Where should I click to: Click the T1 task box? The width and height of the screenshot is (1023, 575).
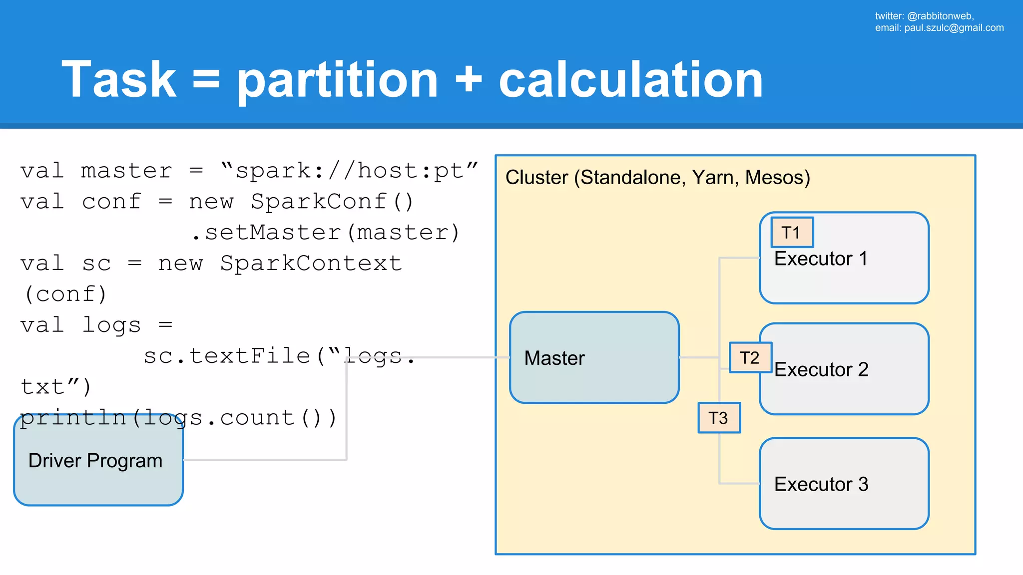pos(792,233)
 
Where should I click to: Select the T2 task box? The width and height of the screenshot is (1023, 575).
pos(750,358)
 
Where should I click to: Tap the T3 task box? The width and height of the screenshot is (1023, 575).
pos(719,418)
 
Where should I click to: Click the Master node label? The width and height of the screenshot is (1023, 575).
pos(554,358)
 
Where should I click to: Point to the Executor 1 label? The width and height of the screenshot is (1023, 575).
pos(821,259)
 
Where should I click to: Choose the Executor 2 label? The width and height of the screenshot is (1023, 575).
pos(821,370)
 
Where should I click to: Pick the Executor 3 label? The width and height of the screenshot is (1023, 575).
pos(821,485)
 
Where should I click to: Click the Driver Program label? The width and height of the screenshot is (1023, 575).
pos(95,461)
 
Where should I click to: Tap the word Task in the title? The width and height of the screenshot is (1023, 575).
pos(119,80)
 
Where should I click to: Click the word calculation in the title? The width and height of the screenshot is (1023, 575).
pos(630,80)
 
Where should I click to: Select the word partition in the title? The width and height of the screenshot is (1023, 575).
pos(338,80)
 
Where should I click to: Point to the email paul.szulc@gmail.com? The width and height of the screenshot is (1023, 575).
pos(954,28)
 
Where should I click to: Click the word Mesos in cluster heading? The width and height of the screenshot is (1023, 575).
pos(777,178)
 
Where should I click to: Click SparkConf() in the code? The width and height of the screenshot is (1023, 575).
pos(332,202)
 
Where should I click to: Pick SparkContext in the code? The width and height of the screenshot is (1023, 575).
pos(311,264)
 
